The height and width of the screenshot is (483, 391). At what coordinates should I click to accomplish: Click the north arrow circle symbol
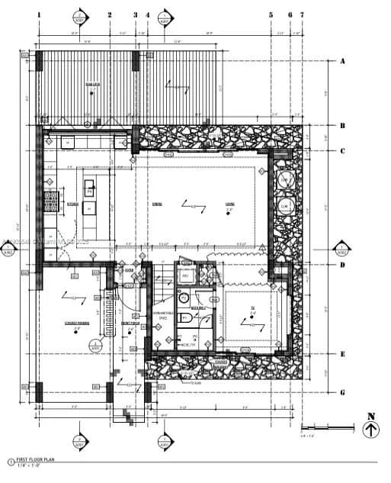370,430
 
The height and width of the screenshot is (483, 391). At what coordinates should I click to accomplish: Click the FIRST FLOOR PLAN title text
37,459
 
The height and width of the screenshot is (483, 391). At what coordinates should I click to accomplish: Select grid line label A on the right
342,61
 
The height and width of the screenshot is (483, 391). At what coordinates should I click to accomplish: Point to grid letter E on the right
342,354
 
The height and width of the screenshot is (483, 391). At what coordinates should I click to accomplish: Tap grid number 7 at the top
302,14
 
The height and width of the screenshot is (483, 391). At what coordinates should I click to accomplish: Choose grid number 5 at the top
271,14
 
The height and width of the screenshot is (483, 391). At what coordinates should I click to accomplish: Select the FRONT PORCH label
130,323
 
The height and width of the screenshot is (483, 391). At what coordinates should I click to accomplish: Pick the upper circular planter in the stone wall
285,180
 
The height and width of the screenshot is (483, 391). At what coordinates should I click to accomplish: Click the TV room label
252,311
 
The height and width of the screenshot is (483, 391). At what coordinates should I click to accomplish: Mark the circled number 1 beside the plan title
11,461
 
